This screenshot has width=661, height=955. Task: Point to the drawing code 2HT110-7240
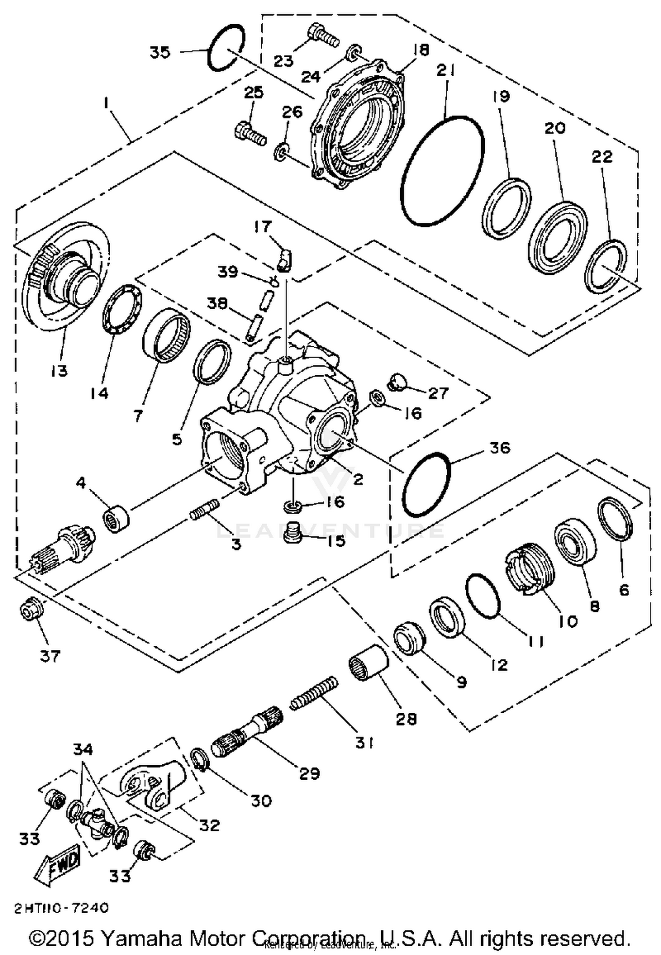(61, 908)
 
